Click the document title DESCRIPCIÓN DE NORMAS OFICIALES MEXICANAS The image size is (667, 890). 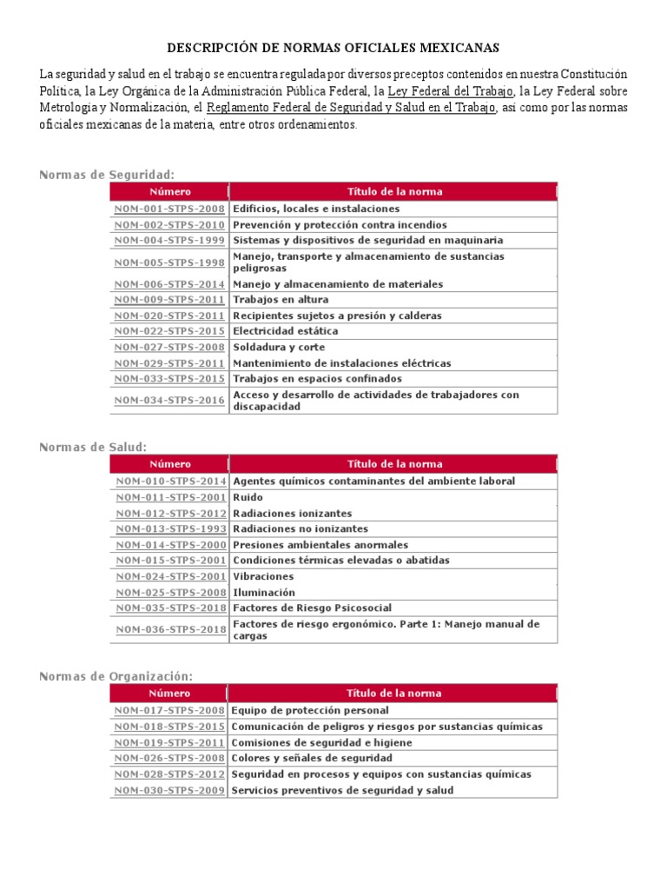(333, 48)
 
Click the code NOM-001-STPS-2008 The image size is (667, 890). (169, 209)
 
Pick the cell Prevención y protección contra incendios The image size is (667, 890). (340, 225)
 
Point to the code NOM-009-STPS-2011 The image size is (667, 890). (169, 300)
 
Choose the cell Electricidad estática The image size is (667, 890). (286, 331)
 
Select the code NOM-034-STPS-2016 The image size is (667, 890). (169, 401)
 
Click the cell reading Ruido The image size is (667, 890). (248, 497)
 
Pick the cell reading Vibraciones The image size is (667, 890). (263, 576)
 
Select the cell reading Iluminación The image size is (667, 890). (264, 593)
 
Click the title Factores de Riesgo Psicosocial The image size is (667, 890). (312, 608)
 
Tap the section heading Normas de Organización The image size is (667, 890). (116, 676)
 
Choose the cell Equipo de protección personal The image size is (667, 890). (310, 711)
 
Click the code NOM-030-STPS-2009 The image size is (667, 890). (169, 791)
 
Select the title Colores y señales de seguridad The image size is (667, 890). (312, 759)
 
